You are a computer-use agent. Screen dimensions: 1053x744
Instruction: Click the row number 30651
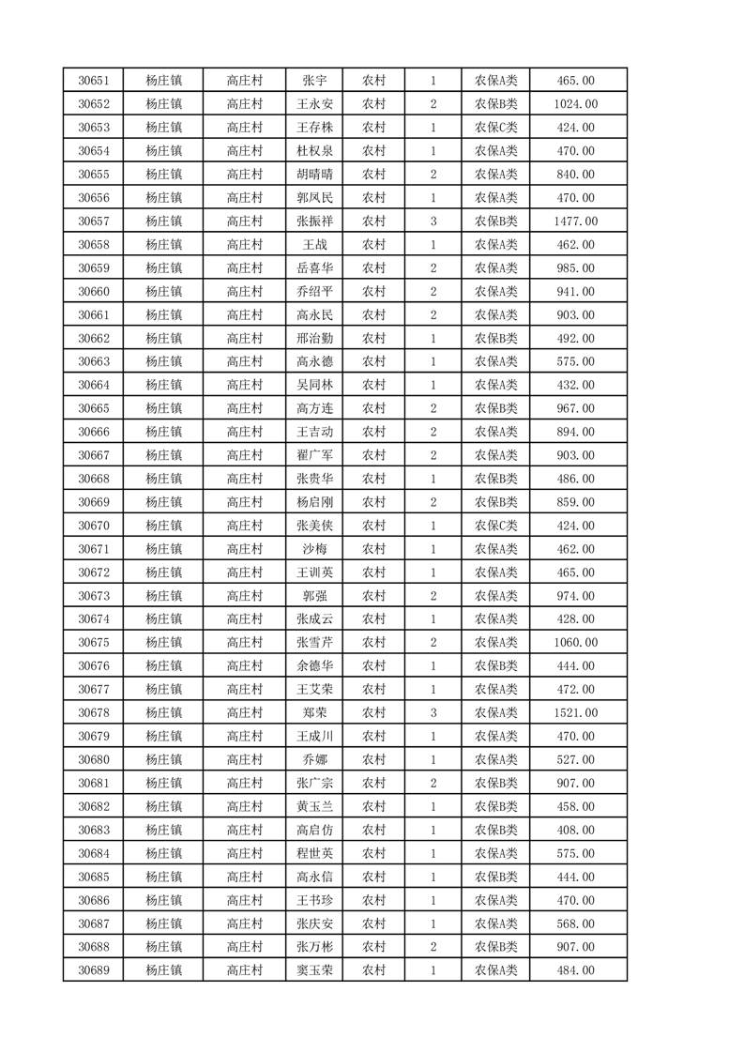click(x=94, y=81)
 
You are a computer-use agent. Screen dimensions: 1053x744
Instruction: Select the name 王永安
click(x=314, y=104)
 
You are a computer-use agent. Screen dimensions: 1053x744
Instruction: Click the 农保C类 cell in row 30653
click(x=495, y=128)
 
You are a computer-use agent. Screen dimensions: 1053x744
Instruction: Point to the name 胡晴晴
click(x=314, y=175)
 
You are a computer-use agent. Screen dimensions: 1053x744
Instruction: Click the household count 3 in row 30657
click(x=433, y=221)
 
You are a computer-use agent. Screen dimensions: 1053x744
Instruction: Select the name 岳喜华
click(x=314, y=268)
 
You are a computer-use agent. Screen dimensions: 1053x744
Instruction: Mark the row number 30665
click(x=94, y=408)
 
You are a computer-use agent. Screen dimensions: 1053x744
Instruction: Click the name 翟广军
click(x=314, y=455)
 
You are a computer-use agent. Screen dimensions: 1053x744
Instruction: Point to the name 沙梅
click(x=314, y=549)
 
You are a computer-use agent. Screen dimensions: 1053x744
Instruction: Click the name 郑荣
click(x=314, y=713)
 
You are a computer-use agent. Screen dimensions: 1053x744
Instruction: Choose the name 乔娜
click(x=314, y=760)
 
